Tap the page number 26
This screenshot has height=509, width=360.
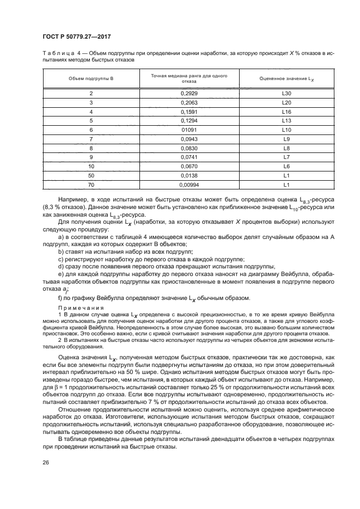point(45,463)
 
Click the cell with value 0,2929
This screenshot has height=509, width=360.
point(188,94)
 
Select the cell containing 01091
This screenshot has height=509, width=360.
point(188,130)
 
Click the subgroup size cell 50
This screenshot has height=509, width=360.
point(91,175)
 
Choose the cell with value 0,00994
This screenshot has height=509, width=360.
point(188,185)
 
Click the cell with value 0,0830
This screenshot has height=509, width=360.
point(188,148)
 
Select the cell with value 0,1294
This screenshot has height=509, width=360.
point(188,121)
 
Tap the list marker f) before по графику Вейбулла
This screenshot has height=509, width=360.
point(60,298)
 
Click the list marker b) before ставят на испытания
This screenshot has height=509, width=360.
point(60,252)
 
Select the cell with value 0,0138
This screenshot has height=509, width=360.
point(188,175)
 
